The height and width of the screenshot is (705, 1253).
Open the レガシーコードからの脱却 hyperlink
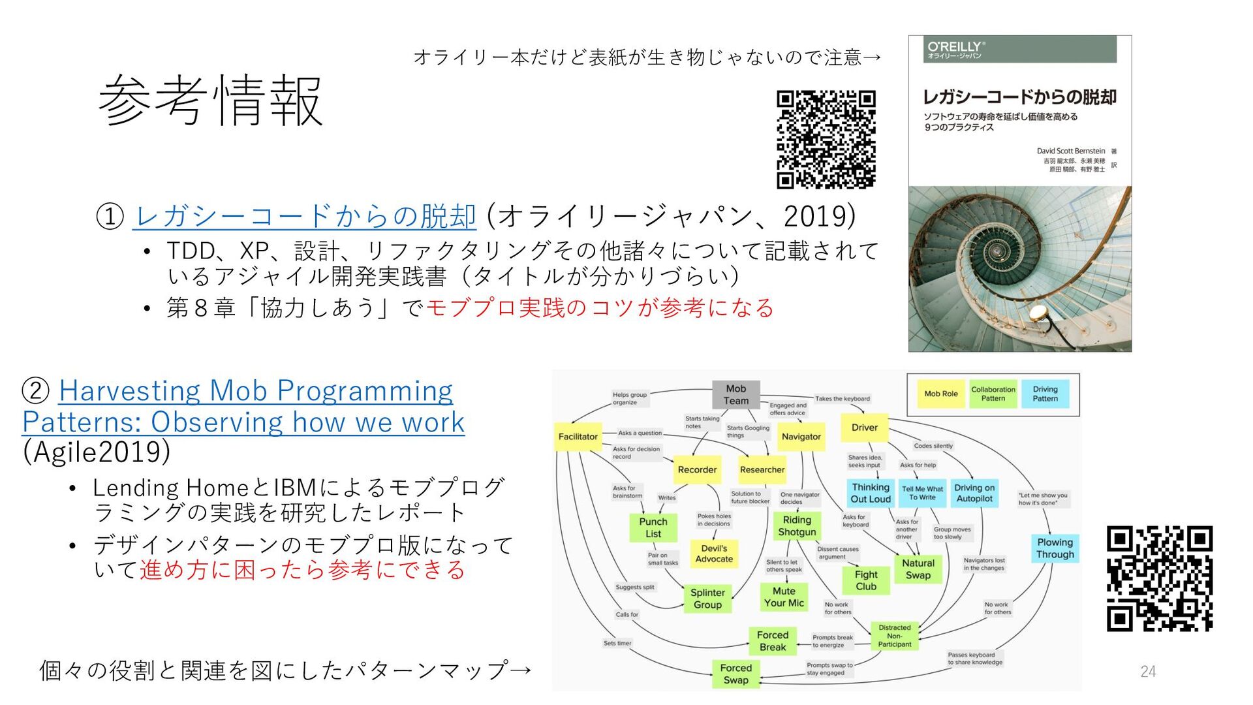point(304,216)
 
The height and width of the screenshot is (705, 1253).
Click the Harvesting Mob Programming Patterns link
point(243,406)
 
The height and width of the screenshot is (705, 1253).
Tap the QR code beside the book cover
point(826,139)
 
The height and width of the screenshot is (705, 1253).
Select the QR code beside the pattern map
point(1159,578)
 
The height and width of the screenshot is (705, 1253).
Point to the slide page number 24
point(1148,671)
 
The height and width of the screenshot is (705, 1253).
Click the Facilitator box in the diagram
point(578,437)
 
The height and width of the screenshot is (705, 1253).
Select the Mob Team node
point(735,394)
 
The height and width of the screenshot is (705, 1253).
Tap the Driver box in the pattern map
point(864,428)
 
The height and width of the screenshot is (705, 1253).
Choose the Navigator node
point(801,437)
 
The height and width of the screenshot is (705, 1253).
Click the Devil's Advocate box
point(714,554)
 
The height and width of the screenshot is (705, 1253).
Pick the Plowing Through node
point(1055,548)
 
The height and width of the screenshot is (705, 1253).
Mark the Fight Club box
point(866,580)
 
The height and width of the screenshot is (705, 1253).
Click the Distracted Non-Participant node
point(894,636)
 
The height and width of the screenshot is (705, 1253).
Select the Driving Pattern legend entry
point(1045,394)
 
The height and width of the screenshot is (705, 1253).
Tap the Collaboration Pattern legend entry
point(993,394)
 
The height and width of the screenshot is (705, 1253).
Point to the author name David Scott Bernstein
point(1071,151)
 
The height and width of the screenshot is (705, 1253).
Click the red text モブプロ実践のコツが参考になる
point(600,307)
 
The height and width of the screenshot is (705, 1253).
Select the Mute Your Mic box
point(784,597)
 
